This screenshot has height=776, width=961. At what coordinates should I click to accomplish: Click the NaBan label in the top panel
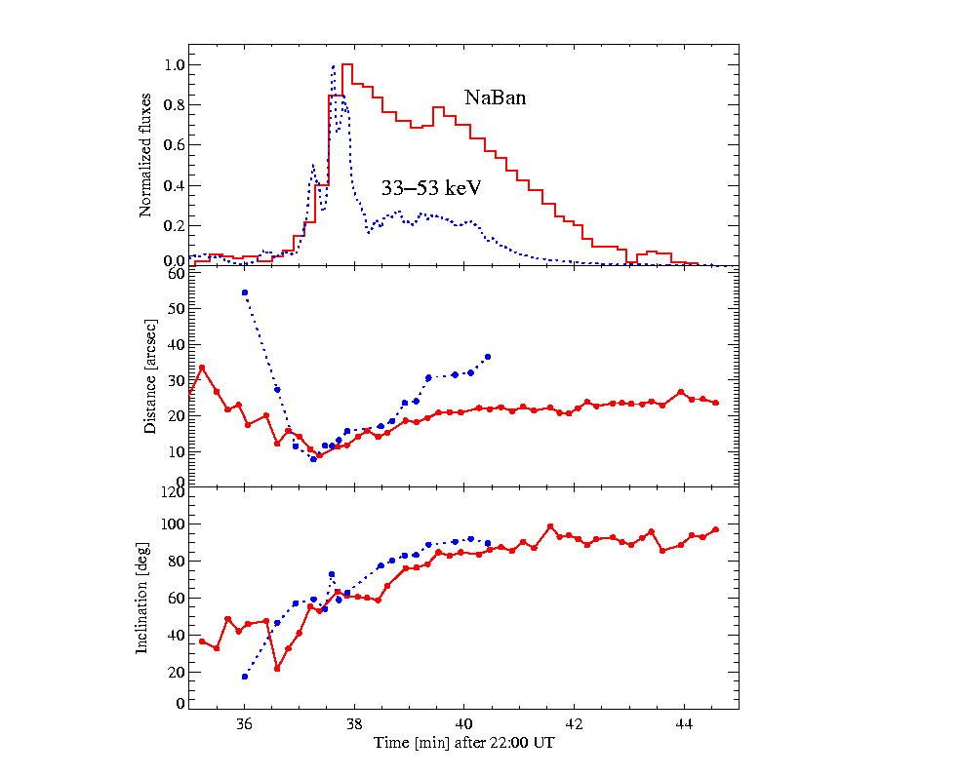point(495,97)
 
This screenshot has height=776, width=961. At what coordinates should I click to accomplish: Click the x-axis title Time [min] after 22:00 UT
point(464,743)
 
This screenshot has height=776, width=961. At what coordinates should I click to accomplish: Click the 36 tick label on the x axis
point(245,723)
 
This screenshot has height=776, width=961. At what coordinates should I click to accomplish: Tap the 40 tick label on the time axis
point(464,723)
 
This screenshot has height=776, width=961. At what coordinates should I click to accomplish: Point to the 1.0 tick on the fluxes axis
point(175,65)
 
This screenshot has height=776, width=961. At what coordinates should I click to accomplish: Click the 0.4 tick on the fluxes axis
point(175,185)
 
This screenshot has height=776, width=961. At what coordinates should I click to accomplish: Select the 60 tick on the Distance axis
point(177,273)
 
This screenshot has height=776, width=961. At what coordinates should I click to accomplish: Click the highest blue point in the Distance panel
point(245,292)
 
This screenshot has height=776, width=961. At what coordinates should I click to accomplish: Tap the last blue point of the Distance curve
point(488,357)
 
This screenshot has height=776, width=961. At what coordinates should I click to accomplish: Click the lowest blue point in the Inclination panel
point(245,677)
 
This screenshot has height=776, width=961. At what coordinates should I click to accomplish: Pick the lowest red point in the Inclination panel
point(277,669)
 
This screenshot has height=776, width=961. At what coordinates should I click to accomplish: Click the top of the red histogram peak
point(347,65)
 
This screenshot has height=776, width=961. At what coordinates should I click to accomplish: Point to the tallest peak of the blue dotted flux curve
point(333,66)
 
